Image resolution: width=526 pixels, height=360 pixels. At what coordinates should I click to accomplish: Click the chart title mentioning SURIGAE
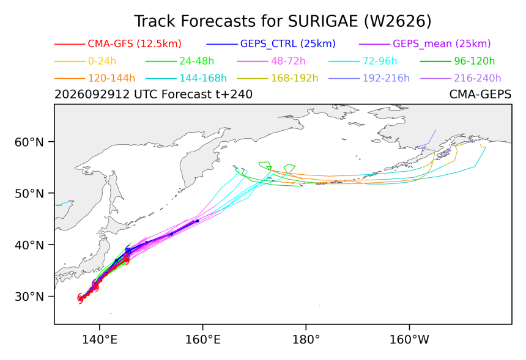(x=283, y=21)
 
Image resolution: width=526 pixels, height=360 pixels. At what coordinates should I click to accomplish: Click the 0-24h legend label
(x=102, y=61)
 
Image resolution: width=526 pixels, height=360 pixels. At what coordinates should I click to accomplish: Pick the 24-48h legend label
(x=196, y=61)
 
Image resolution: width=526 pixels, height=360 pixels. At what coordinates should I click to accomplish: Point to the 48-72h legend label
(x=288, y=61)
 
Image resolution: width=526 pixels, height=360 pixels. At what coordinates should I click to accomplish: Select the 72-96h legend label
(x=380, y=61)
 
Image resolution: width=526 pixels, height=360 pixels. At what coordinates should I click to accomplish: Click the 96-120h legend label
(x=475, y=61)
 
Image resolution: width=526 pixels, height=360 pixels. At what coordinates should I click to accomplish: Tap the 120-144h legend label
(x=111, y=78)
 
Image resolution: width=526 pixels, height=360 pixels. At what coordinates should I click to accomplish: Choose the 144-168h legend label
(x=203, y=78)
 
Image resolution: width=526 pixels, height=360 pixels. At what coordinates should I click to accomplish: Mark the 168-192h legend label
(x=295, y=78)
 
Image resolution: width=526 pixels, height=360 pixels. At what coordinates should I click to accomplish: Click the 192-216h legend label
(x=386, y=78)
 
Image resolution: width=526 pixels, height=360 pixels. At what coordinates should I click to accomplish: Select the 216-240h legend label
(x=477, y=78)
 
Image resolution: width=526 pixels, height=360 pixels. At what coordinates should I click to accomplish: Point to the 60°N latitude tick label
(x=29, y=142)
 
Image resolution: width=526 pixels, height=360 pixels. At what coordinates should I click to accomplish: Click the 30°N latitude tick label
(x=29, y=296)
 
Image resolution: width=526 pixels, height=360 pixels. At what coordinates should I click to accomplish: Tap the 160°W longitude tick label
(x=409, y=340)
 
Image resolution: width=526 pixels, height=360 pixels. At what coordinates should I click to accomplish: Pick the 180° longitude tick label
(x=306, y=340)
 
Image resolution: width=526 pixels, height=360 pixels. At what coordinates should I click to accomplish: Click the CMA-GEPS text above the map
(x=480, y=95)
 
